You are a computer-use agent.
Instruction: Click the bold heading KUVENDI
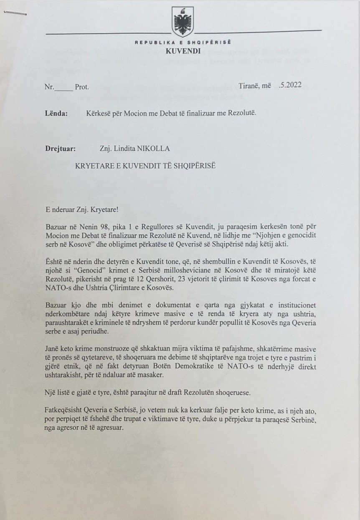[183, 51]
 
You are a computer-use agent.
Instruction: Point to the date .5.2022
[290, 86]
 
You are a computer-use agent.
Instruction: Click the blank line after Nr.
[64, 88]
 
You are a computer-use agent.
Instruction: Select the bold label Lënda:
[56, 113]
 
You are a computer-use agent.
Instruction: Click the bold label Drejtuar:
[60, 148]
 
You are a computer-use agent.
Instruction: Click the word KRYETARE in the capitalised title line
[93, 165]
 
